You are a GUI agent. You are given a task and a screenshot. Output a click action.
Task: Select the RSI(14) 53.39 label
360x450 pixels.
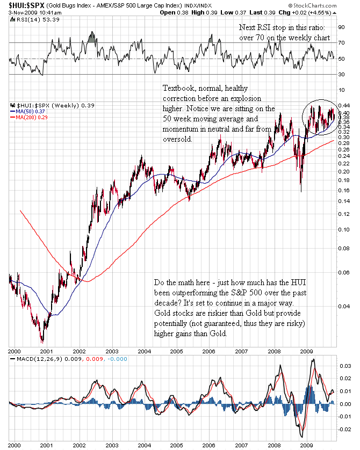(32, 19)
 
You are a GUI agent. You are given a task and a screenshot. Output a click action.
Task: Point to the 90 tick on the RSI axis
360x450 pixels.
(341, 26)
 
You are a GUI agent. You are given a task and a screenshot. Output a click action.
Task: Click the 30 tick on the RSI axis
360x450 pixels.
(341, 75)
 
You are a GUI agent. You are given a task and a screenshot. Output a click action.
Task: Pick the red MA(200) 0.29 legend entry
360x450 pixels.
(30, 117)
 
